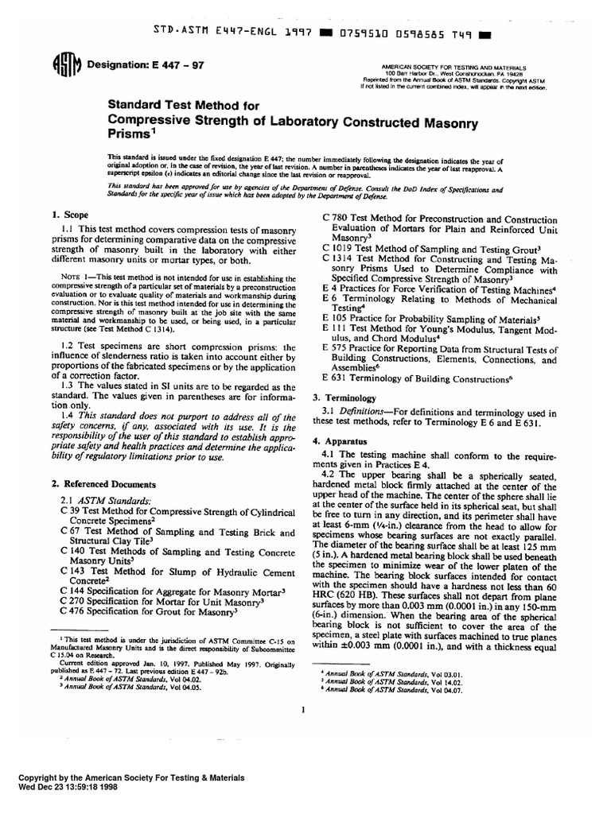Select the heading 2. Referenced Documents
(103, 483)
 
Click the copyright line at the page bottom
(131, 778)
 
